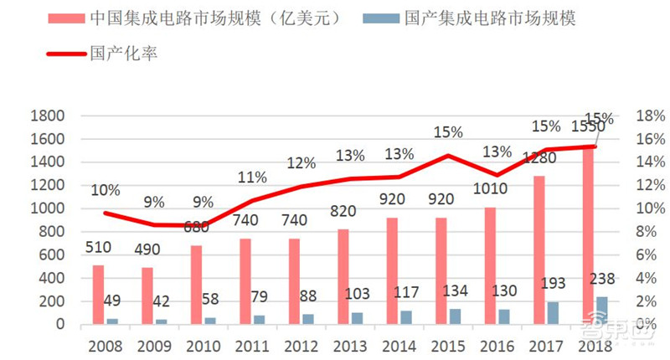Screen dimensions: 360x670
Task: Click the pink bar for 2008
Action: pyautogui.click(x=98, y=294)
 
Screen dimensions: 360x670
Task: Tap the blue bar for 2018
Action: pyautogui.click(x=601, y=310)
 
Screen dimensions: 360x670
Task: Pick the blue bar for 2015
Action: pyautogui.click(x=455, y=316)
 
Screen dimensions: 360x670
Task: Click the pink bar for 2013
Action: pyautogui.click(x=343, y=276)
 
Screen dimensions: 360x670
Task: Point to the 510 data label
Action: pyautogui.click(x=98, y=249)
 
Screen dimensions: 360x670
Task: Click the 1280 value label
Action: pyautogui.click(x=539, y=157)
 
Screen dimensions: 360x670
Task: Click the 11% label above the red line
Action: pyautogui.click(x=252, y=177)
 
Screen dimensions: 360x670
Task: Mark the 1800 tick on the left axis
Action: pyautogui.click(x=49, y=116)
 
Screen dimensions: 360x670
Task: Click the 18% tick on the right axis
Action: pyautogui.click(x=650, y=116)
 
